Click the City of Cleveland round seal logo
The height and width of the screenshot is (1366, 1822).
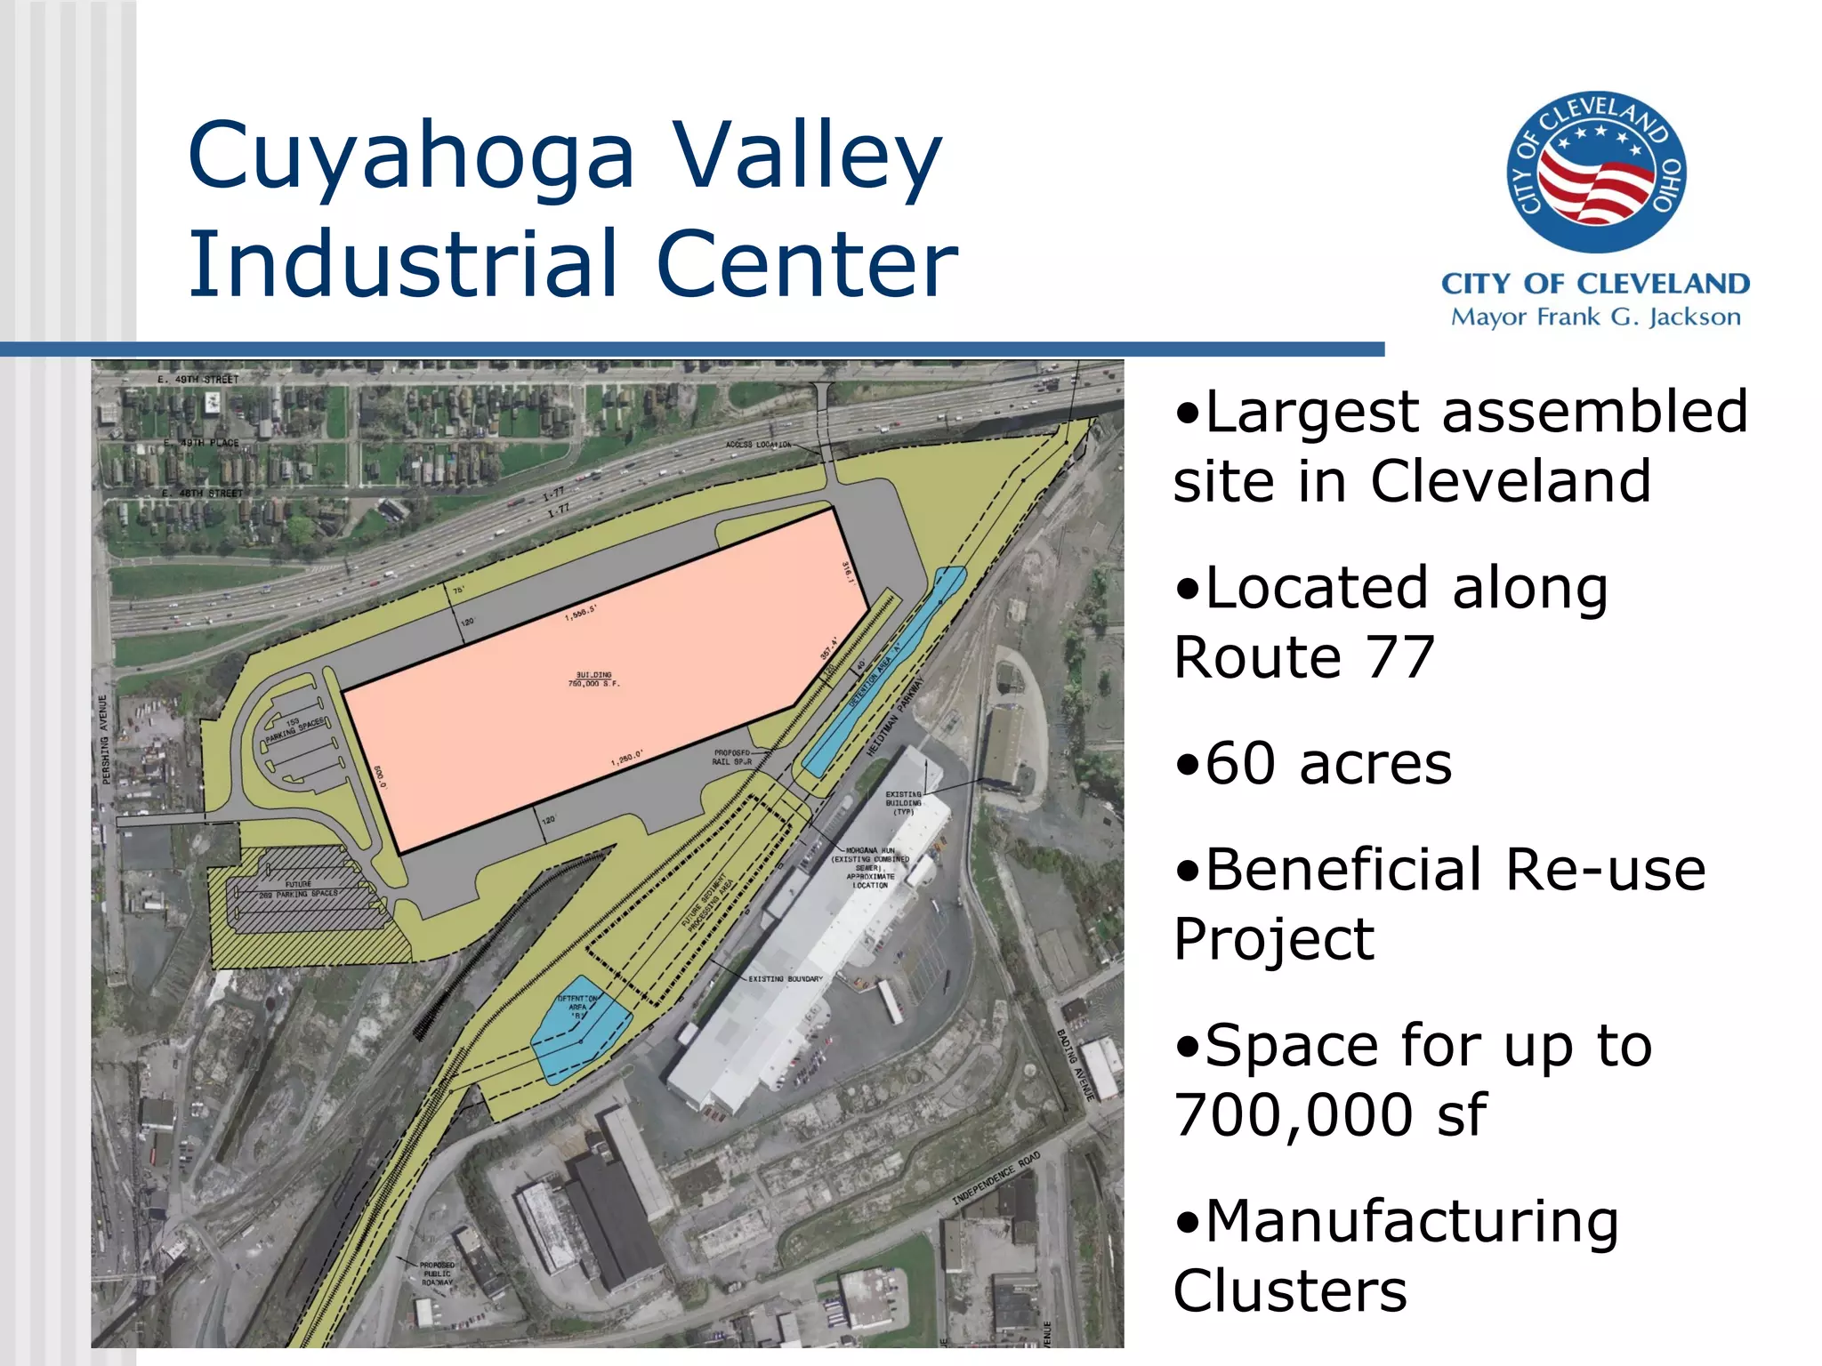coord(1596,172)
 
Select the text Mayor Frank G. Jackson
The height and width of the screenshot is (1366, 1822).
coord(1595,317)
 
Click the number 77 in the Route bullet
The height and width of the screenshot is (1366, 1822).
coord(1400,658)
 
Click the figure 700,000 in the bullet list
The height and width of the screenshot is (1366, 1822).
coord(1294,1115)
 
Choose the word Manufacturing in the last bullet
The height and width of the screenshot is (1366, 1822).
coord(1412,1222)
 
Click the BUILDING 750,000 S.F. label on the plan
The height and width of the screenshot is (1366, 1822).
coord(593,679)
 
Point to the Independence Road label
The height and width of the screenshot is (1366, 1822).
coord(996,1179)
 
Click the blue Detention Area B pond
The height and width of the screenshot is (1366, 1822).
coord(580,1032)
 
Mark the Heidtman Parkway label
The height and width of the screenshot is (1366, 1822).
coord(896,717)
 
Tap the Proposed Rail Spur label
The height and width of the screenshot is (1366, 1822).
coord(732,757)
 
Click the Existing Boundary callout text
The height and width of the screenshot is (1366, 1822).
coord(785,978)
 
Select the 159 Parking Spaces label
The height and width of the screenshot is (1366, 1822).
coord(296,729)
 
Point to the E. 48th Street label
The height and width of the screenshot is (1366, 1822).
coord(202,494)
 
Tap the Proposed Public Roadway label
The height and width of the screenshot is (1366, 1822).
coord(438,1274)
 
